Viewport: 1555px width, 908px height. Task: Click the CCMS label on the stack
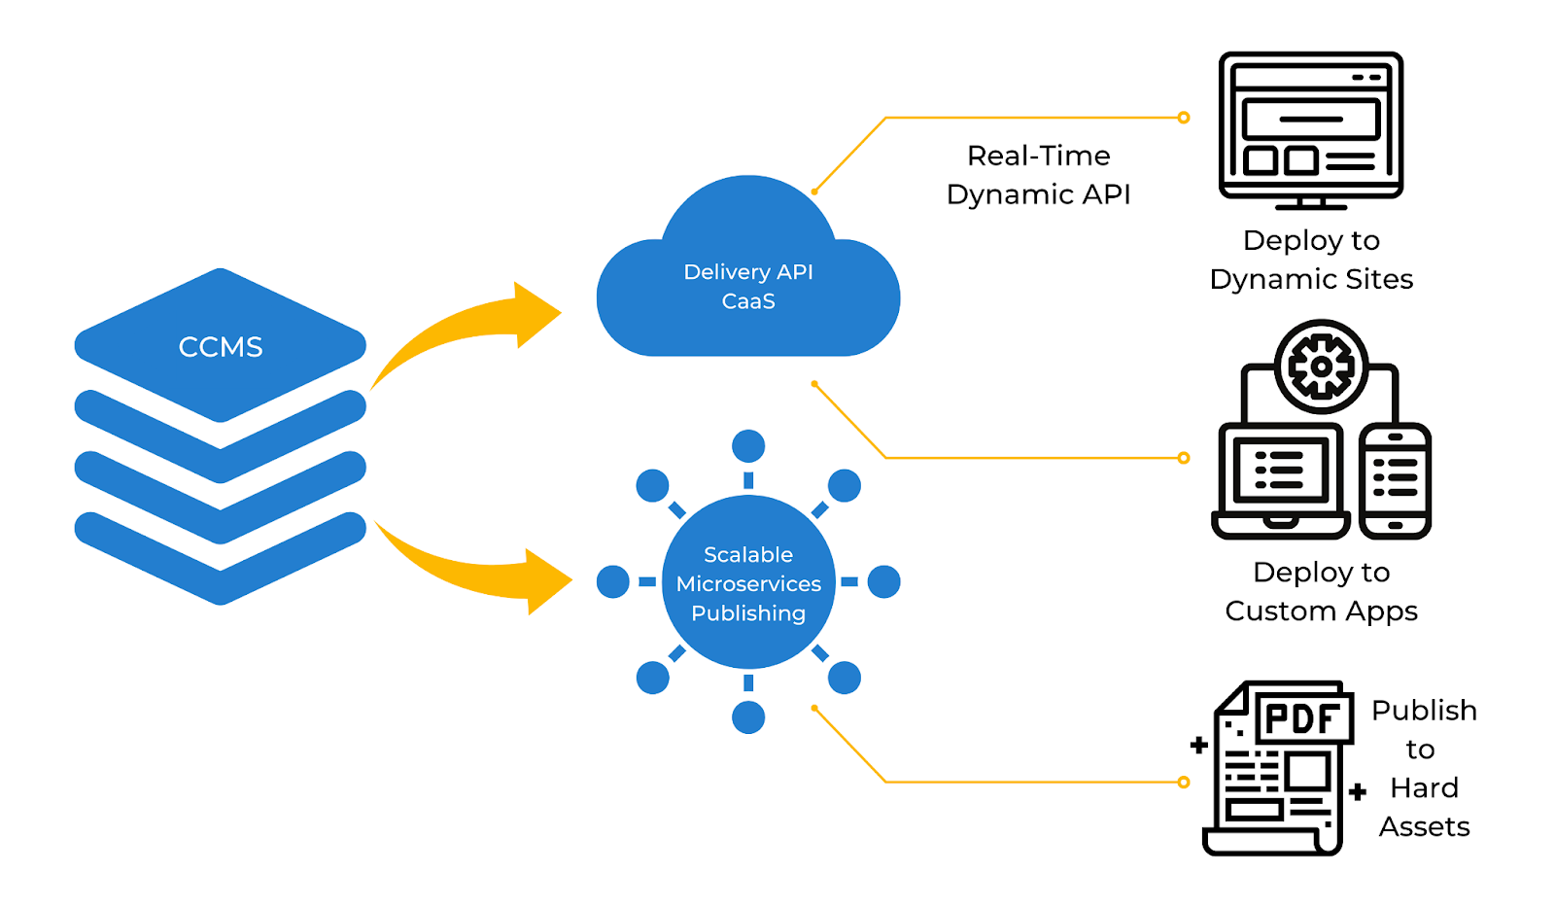pos(221,347)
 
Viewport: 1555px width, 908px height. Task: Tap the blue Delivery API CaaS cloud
pos(747,288)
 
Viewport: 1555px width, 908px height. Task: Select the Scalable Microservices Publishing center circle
pos(747,582)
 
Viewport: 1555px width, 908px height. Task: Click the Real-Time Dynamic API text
pos(1038,175)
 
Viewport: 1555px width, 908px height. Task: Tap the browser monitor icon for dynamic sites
pos(1310,126)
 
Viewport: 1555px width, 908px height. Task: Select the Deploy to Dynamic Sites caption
pos(1311,260)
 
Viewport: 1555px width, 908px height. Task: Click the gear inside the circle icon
pos(1321,367)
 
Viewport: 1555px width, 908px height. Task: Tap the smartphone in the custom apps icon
pos(1395,480)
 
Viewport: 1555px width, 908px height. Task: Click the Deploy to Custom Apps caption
pos(1321,591)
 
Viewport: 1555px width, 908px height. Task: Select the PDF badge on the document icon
pos(1302,719)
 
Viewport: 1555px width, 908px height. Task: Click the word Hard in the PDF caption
pos(1424,787)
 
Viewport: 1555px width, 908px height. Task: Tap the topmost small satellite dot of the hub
pos(747,446)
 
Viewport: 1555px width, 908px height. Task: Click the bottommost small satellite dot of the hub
pos(747,717)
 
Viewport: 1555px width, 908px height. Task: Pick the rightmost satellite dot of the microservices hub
pos(883,582)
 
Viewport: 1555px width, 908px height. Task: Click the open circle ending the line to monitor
pos(1183,118)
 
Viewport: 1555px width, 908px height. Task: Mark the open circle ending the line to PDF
pos(1183,782)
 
